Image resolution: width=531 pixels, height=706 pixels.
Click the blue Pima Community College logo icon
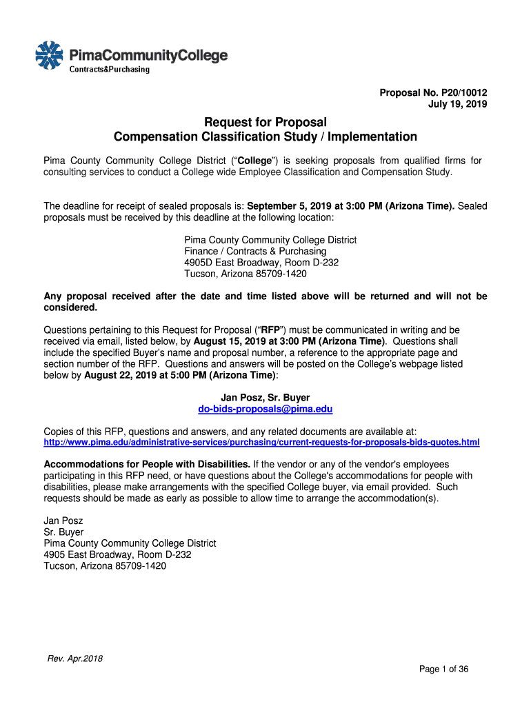point(49,55)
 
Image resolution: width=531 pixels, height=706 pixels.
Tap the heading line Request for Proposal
point(265,122)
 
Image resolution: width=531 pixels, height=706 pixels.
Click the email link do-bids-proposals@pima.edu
point(265,409)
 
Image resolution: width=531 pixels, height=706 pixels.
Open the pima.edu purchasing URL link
point(261,441)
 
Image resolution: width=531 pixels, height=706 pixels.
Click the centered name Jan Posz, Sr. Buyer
point(265,397)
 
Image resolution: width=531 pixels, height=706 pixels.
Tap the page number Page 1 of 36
point(444,669)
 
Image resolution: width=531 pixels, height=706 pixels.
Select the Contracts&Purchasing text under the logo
point(108,69)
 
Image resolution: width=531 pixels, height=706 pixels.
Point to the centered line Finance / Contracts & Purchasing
point(255,251)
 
